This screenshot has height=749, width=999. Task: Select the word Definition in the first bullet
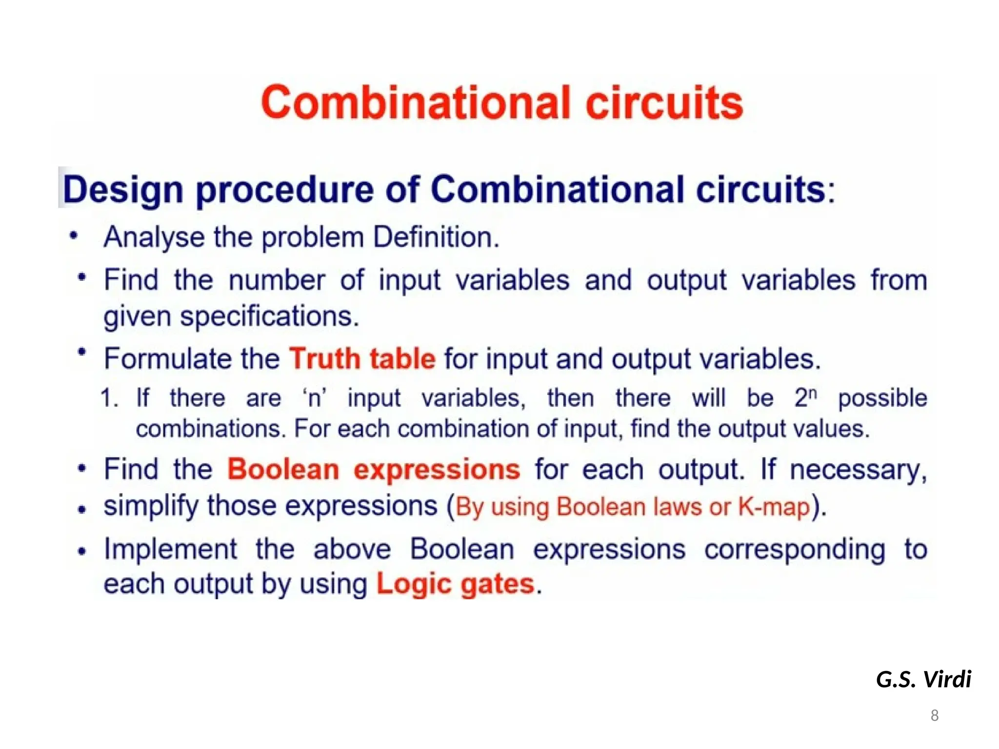click(436, 237)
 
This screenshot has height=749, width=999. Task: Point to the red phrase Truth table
click(362, 359)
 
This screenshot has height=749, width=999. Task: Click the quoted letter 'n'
click(314, 398)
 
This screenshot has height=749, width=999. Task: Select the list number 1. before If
click(109, 398)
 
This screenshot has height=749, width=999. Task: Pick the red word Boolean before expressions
click(283, 470)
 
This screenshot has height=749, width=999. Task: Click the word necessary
click(858, 471)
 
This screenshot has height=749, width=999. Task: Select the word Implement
click(171, 549)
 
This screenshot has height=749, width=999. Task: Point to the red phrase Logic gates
click(455, 584)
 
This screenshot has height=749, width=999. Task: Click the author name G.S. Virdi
click(923, 679)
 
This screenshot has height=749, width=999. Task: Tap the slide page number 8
click(934, 715)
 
